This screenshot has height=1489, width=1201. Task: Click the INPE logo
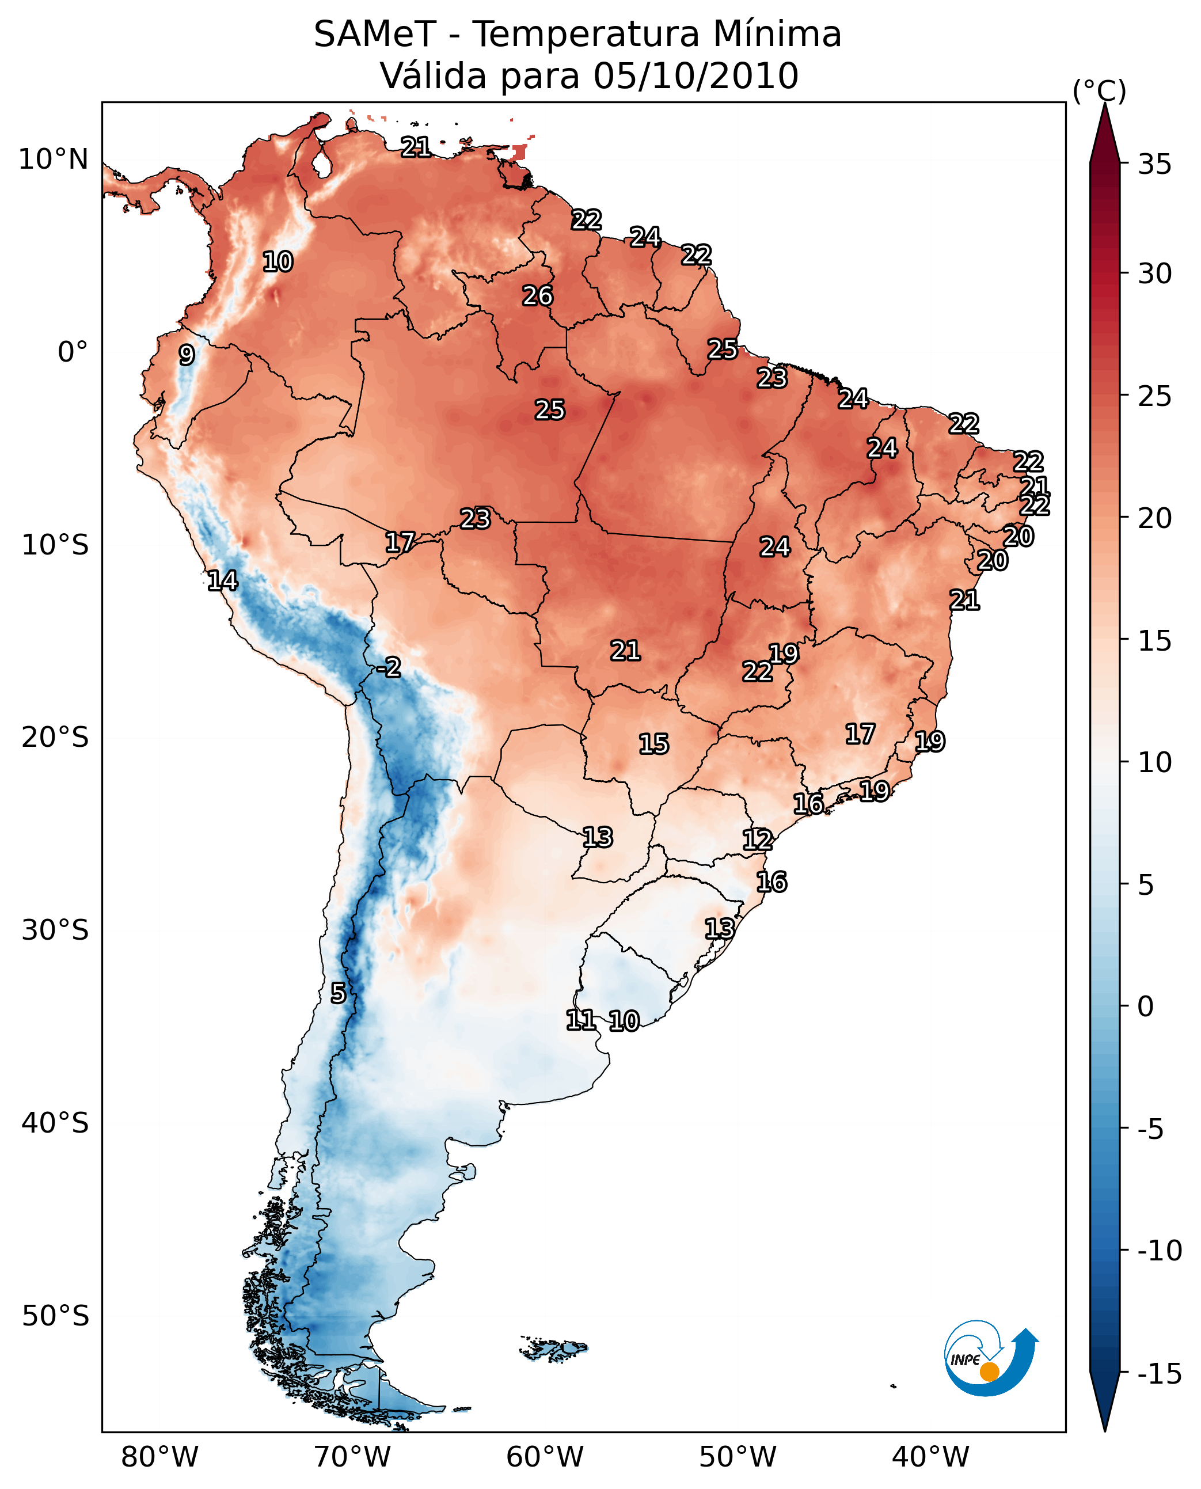(x=990, y=1358)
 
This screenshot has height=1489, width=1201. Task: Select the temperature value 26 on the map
(x=538, y=296)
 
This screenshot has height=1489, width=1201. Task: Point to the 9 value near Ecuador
(x=187, y=355)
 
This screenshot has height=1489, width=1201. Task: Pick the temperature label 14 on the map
(x=222, y=580)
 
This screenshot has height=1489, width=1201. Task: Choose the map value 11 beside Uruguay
(x=580, y=1020)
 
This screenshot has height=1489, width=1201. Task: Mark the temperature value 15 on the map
(x=653, y=744)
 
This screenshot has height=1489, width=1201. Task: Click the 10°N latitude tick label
(x=54, y=160)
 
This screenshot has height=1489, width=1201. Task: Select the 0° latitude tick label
(x=73, y=352)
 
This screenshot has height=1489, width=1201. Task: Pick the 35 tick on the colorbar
(x=1154, y=165)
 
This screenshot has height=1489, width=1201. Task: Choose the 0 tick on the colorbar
(x=1146, y=1006)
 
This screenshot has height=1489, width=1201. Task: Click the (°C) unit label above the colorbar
(x=1099, y=90)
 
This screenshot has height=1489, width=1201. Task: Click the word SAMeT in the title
(x=375, y=35)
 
